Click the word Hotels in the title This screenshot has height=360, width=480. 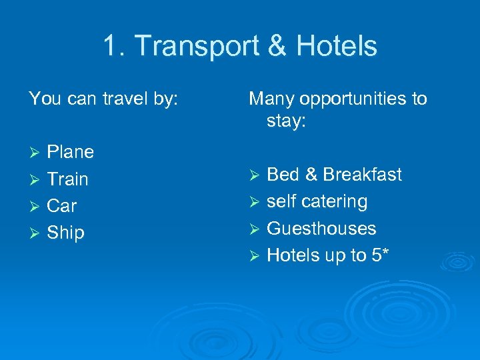click(337, 47)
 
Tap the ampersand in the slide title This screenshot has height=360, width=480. click(279, 47)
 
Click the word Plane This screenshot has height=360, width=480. click(70, 152)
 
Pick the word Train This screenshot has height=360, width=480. click(67, 179)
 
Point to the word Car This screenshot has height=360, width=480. click(62, 205)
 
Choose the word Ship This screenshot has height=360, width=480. click(65, 233)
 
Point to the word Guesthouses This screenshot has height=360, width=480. click(321, 228)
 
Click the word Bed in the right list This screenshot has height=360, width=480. click(282, 175)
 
